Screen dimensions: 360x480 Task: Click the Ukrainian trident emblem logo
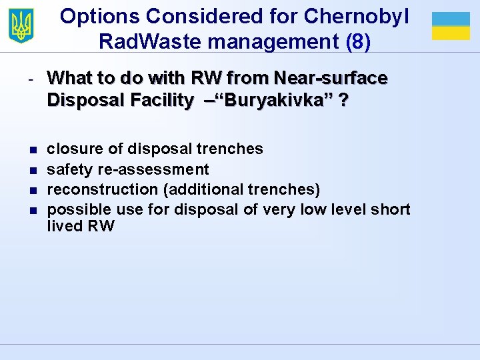21,26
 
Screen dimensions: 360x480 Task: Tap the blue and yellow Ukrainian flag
451,26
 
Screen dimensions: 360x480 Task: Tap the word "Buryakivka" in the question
281,101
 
